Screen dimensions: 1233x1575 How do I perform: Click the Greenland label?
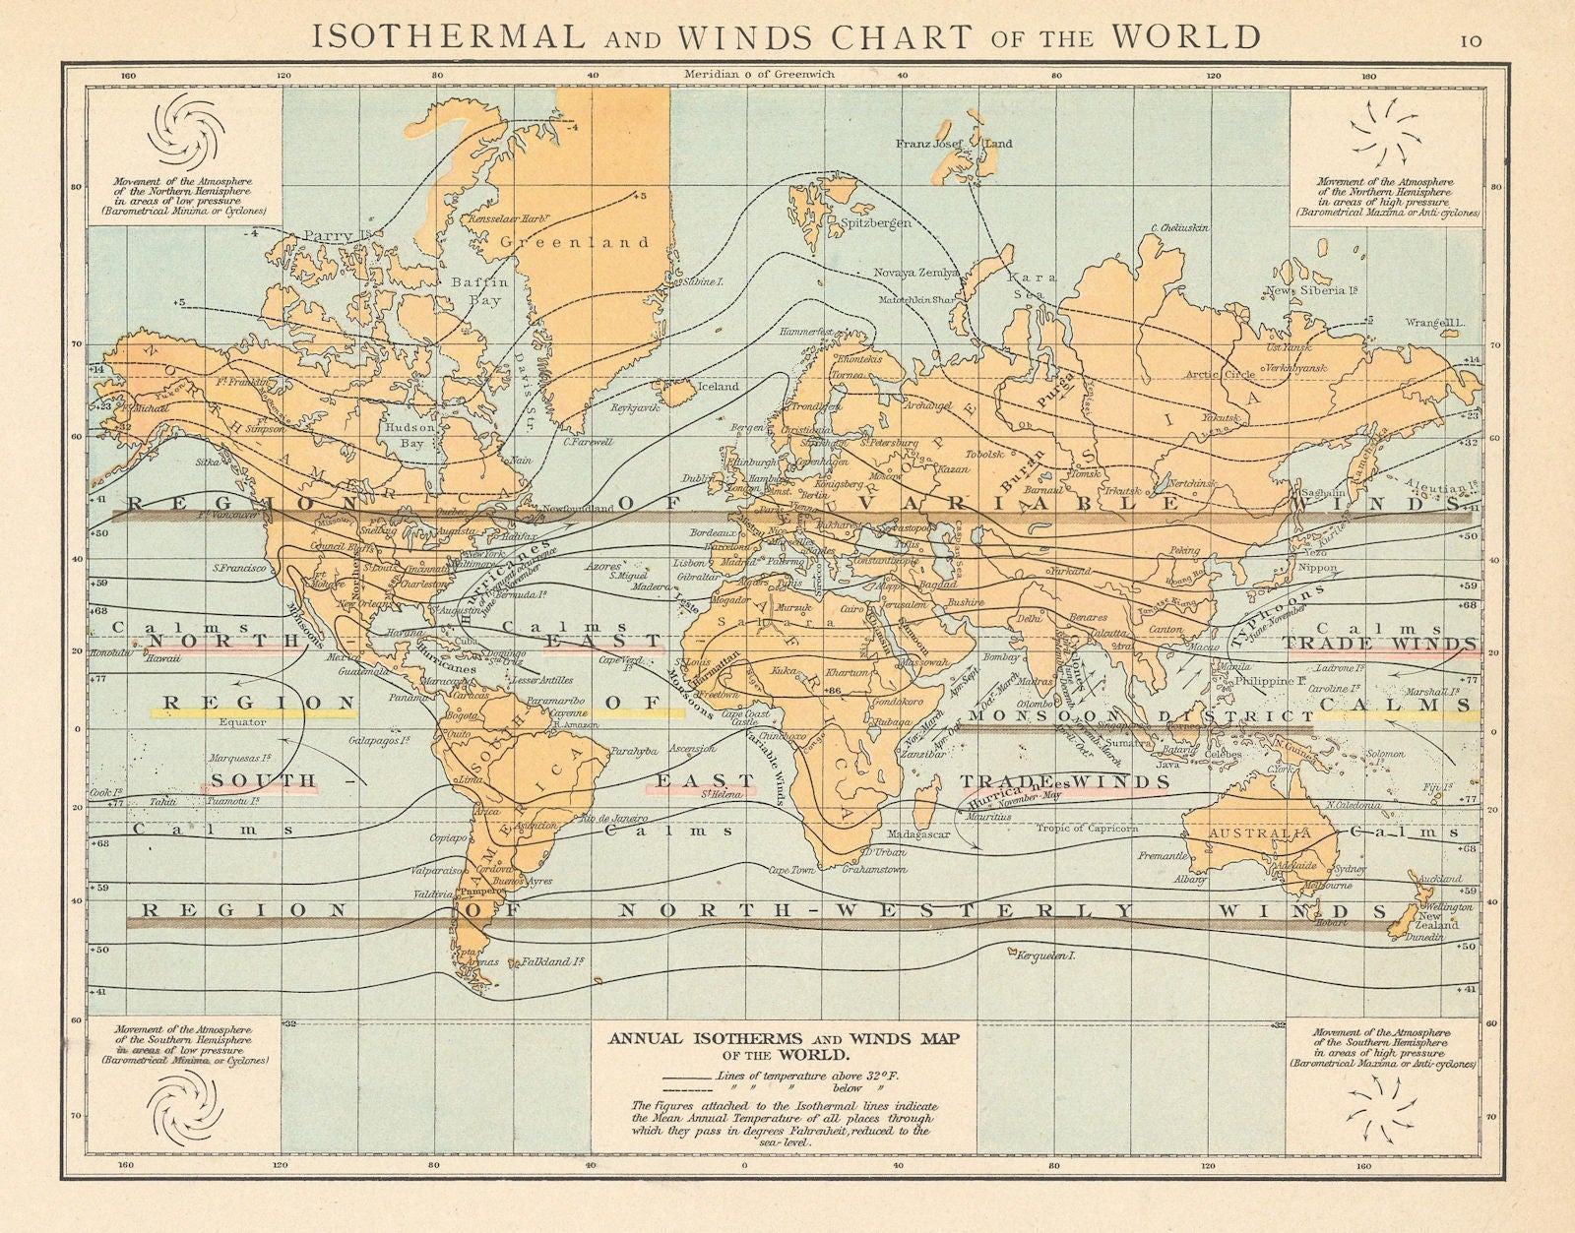click(574, 241)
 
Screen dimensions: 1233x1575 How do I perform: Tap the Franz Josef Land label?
click(953, 144)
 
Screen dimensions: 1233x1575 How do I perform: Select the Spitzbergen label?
click(874, 223)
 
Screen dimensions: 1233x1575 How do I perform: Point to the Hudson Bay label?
click(410, 435)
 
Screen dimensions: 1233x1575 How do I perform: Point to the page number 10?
click(1470, 40)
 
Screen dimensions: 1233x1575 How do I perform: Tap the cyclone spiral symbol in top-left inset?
click(184, 133)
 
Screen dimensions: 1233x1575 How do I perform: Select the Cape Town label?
click(793, 870)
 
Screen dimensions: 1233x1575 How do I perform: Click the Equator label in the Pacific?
click(242, 721)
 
